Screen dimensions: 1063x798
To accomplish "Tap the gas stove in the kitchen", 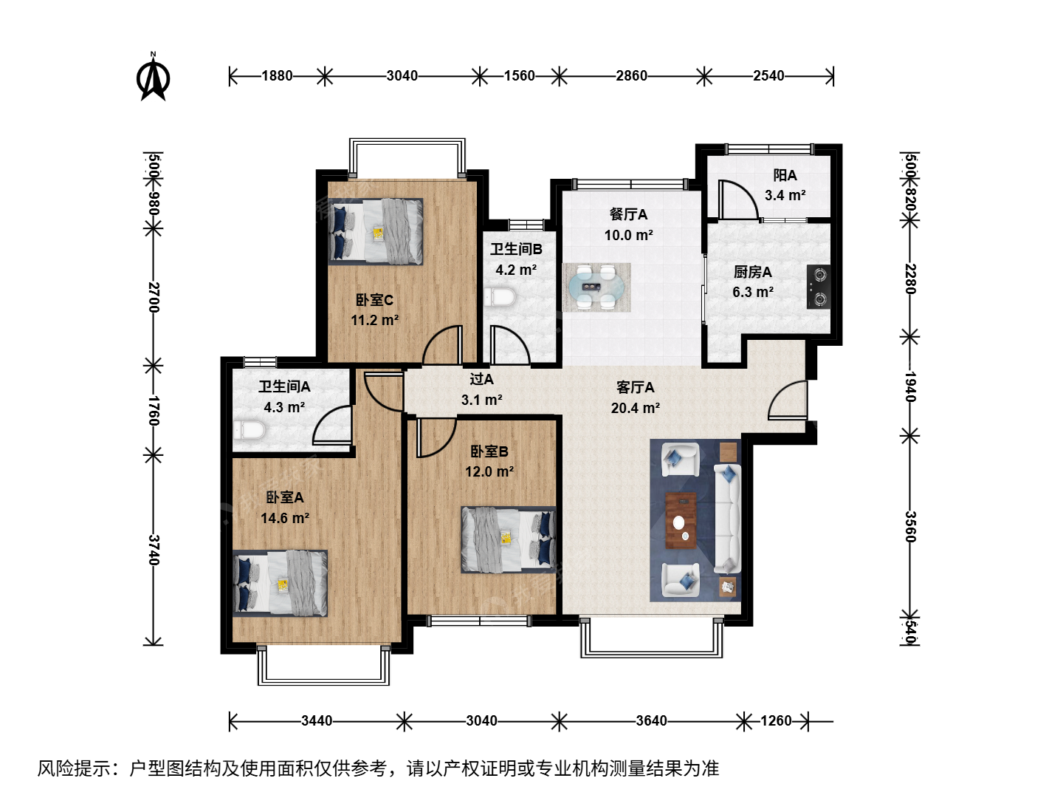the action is coord(819,287).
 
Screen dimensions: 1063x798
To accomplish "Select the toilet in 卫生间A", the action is coord(250,430).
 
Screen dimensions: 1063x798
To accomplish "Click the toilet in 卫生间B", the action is coord(500,296).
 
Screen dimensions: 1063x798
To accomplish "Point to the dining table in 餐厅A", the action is coord(596,288).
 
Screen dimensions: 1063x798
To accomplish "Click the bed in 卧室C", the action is coord(376,231).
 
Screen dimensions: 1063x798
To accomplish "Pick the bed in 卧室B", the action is coord(509,539).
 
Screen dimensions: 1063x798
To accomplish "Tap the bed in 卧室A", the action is coord(280,584).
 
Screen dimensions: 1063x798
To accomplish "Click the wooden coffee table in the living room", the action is coord(681,520).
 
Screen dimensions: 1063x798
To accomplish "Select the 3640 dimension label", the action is coord(651,721).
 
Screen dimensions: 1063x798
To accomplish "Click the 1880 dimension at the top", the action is coord(277,76).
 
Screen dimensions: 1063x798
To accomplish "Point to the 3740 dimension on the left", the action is coord(153,550).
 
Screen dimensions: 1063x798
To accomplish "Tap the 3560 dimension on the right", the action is coord(909,527).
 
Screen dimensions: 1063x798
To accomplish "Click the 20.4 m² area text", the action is coord(636,408).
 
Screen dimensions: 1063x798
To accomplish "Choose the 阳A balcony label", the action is coord(785,175).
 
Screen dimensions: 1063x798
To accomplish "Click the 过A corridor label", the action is coord(481,379).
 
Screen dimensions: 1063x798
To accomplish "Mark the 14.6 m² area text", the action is coord(285,518).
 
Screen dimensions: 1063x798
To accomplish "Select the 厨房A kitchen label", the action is coord(752,272).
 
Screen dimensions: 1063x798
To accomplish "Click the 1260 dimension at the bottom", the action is coord(776,721).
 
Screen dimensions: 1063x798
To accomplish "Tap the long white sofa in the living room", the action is coord(727,518).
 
